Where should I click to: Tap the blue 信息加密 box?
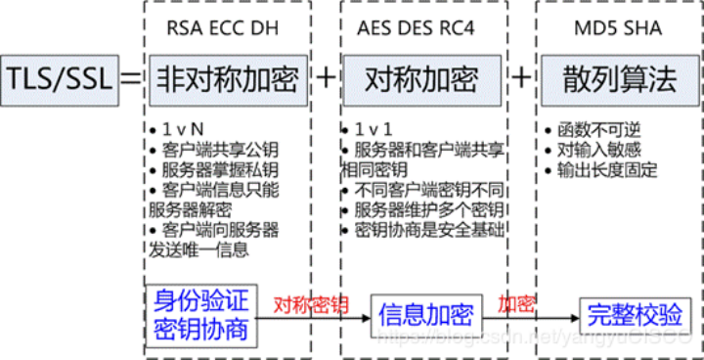(x=426, y=314)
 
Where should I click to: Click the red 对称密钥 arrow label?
(x=312, y=302)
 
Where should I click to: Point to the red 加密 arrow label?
(x=515, y=302)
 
